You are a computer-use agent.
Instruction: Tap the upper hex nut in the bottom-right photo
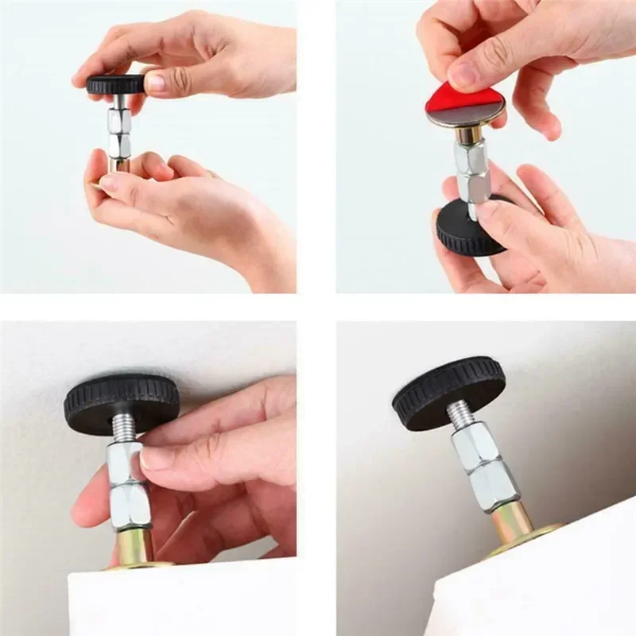pos(475,446)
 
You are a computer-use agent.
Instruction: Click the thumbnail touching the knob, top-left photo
pos(156,83)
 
